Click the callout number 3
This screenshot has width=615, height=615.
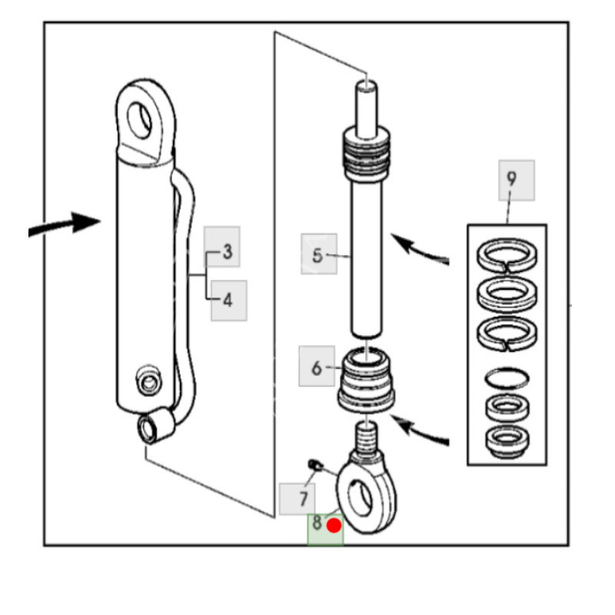pyautogui.click(x=228, y=251)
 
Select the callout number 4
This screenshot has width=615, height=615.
pyautogui.click(x=228, y=299)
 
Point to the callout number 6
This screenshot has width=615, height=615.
pyautogui.click(x=317, y=368)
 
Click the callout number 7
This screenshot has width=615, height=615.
pyautogui.click(x=303, y=499)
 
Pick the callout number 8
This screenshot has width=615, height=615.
pyautogui.click(x=317, y=525)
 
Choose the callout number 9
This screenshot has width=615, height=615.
pyautogui.click(x=511, y=180)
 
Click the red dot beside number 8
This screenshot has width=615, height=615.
pyautogui.click(x=334, y=526)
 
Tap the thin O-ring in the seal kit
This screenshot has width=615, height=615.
pyautogui.click(x=507, y=379)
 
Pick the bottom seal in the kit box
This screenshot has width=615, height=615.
pyautogui.click(x=507, y=440)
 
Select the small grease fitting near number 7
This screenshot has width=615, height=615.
pyautogui.click(x=314, y=464)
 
